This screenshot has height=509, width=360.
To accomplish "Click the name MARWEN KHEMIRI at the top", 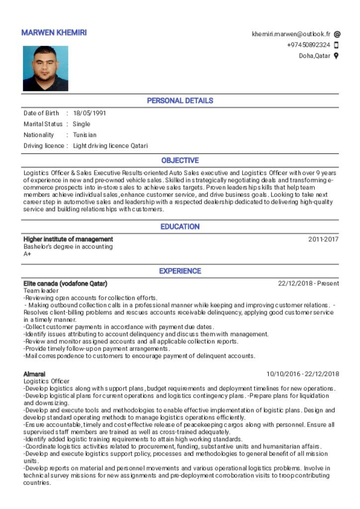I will click(54, 33).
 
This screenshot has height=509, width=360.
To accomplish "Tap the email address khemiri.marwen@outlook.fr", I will click(291, 34).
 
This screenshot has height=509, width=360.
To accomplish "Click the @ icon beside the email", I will click(337, 34).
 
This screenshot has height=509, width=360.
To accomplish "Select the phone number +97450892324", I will click(308, 45).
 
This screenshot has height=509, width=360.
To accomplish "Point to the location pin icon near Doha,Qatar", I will click(337, 56).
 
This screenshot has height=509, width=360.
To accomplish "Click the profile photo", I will click(45, 69).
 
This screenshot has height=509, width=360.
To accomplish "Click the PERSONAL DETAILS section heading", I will click(180, 101).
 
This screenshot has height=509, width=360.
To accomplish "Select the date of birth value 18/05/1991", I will click(90, 113).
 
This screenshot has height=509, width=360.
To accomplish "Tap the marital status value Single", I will click(82, 124).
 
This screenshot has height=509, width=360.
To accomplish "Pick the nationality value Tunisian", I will click(85, 135).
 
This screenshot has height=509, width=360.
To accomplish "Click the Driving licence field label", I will click(44, 146).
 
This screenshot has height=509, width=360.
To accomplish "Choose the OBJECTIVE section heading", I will click(180, 161).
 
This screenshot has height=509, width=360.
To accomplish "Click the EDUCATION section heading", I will click(180, 227).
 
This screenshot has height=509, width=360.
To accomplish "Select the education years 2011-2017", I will click(323, 239).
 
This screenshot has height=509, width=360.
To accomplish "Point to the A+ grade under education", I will click(27, 254).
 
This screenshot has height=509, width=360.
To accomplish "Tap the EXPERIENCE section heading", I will click(180, 271).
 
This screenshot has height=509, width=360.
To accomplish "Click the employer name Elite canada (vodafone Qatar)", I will click(65, 284).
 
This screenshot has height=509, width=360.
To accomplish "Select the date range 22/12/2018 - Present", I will click(308, 284).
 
